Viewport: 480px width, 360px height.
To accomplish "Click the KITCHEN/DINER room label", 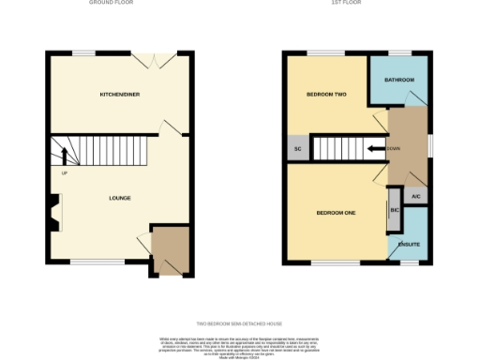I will coord(120,95).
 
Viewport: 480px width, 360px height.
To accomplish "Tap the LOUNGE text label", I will coord(119,198).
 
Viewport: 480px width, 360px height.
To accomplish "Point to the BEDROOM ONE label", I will coord(335,213).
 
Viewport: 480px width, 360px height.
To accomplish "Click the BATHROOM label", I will coord(398,80).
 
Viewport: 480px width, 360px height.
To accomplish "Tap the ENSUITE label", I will coord(409,245).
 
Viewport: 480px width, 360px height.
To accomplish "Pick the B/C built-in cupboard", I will coord(394,212).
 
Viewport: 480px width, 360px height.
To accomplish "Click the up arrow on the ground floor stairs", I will coord(65,156).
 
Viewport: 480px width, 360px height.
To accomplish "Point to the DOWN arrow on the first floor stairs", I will coord(377,148).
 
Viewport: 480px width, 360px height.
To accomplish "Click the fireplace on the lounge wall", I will coord(55,212).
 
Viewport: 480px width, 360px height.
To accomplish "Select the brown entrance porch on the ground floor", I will coord(171,249).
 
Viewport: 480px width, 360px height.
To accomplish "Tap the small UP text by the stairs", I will coord(65,173).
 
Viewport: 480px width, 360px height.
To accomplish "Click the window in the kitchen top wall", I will coord(86,52).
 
